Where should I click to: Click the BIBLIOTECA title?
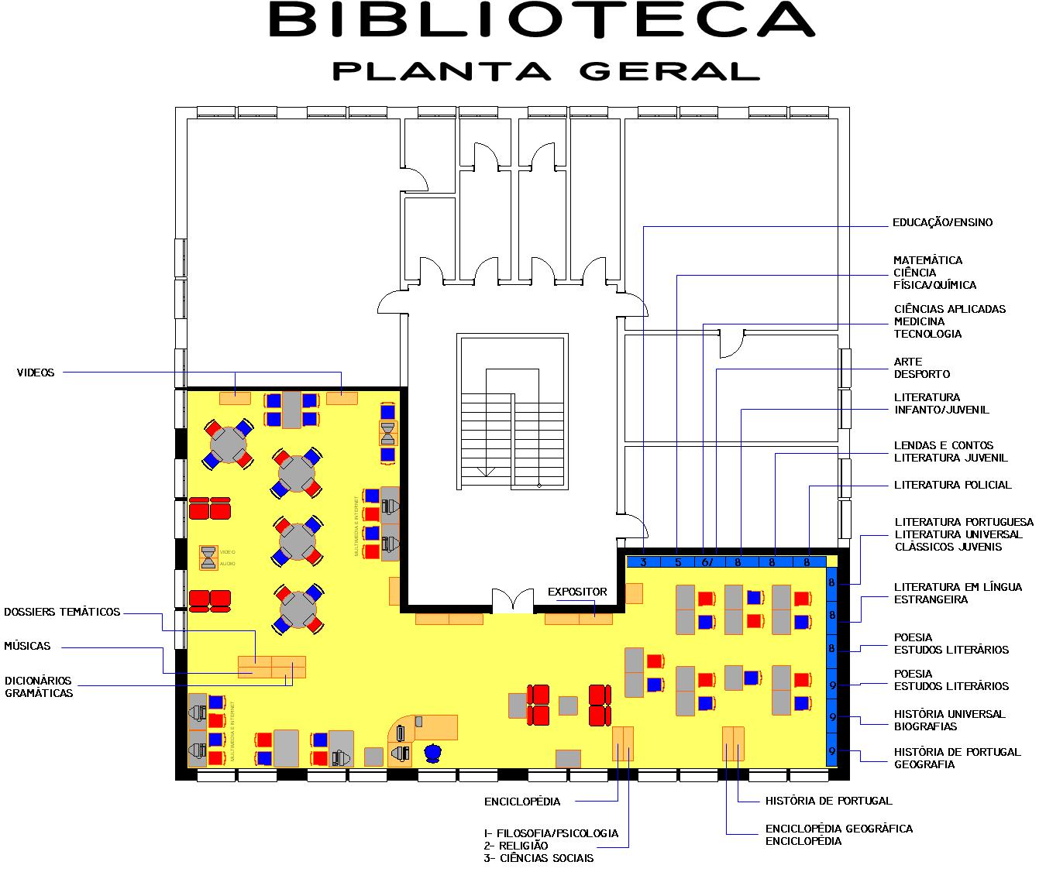[542, 20]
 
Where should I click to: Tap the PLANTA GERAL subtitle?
[545, 70]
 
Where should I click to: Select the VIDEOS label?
[36, 372]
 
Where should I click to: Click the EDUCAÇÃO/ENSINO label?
[942, 222]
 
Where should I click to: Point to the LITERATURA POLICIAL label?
[952, 485]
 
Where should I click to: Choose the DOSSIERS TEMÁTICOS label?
[62, 612]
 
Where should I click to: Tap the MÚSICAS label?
[27, 646]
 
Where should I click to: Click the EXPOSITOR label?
[577, 592]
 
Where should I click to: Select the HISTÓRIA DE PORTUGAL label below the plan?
[828, 801]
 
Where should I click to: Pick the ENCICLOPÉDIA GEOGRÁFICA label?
[838, 829]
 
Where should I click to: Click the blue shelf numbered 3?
[644, 562]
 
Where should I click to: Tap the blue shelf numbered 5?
[678, 562]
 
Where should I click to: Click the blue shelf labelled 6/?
[707, 562]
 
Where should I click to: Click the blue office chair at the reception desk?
[432, 752]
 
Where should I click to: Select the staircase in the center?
[512, 411]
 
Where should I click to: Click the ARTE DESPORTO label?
[921, 368]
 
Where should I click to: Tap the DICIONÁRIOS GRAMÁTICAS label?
[39, 687]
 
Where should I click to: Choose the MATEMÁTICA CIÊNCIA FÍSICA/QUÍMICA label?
[934, 273]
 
